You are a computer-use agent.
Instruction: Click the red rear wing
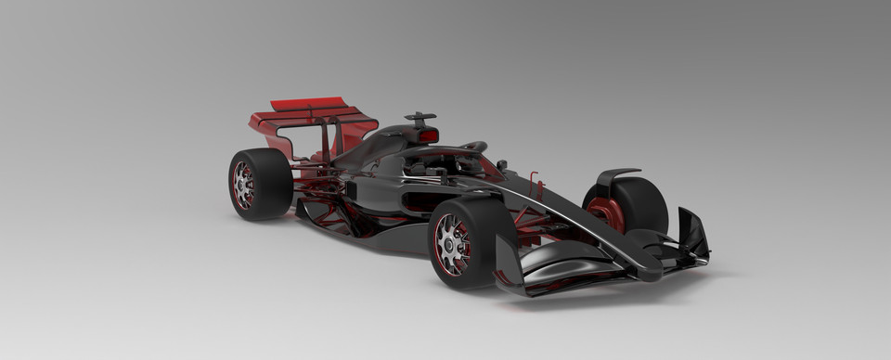311,116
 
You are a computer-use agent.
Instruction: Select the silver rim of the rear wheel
243,185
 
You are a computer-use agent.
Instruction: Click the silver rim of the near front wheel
453,243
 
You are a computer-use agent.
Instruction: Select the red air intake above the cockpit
428,135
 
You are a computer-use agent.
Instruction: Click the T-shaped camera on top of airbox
420,118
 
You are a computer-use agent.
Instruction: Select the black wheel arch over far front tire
616,174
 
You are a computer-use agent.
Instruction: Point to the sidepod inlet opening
351,188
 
